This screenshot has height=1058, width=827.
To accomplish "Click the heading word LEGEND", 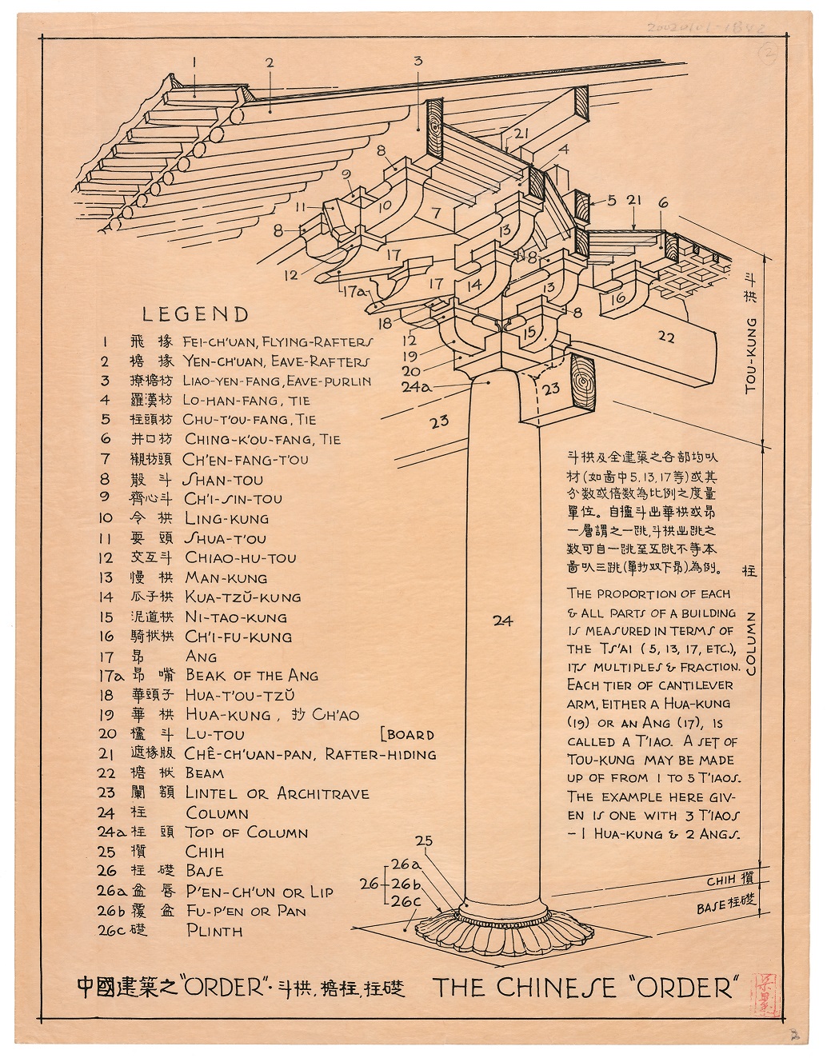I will click(195, 314).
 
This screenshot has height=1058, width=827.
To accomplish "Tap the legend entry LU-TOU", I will click(214, 734).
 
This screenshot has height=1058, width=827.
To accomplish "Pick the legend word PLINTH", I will click(214, 930).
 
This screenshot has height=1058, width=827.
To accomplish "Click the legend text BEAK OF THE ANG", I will click(251, 676).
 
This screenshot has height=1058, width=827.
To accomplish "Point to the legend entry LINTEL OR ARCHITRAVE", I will click(277, 793).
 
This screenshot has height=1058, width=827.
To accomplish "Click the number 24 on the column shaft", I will click(502, 620).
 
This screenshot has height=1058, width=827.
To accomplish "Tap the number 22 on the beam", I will click(665, 337).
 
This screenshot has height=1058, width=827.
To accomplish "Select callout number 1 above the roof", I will click(194, 60).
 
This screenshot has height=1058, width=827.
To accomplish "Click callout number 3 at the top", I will click(417, 60).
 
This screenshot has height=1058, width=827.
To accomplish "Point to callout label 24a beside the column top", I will click(416, 386).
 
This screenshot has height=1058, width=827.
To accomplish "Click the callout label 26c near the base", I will click(406, 901).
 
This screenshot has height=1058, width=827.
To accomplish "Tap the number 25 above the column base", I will click(424, 840).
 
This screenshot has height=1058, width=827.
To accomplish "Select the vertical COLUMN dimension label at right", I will click(750, 644).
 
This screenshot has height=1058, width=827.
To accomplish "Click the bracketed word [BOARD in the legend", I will click(409, 734).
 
